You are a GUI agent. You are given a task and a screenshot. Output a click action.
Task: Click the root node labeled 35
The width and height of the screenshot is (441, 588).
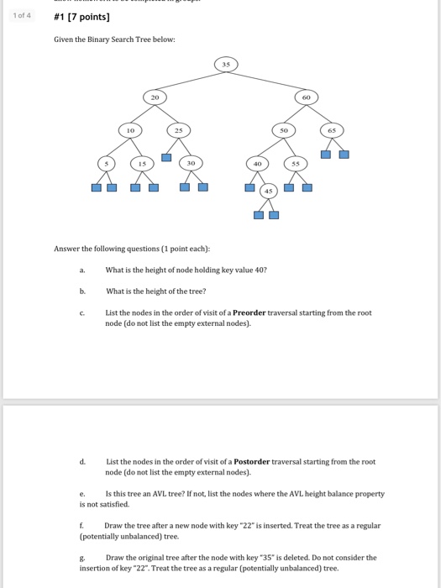(x=225, y=64)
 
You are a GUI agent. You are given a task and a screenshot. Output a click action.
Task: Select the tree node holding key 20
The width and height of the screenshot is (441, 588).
(x=155, y=98)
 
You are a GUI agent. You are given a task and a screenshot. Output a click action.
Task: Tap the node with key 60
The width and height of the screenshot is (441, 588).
(x=307, y=98)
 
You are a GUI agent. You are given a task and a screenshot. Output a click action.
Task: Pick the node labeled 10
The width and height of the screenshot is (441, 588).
(x=130, y=130)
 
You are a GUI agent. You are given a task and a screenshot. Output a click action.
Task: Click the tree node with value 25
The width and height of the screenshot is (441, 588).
(x=178, y=130)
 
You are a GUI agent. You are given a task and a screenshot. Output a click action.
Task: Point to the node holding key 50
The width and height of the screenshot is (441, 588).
(x=283, y=130)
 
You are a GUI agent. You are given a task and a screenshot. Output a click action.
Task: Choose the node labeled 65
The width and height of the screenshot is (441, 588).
(x=331, y=130)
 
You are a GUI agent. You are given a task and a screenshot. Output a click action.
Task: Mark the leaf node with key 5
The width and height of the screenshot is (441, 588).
(x=107, y=163)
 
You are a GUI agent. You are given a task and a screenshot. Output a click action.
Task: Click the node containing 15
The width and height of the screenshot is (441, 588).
(x=142, y=163)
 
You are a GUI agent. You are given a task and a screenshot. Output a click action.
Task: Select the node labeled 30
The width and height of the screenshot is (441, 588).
(x=191, y=163)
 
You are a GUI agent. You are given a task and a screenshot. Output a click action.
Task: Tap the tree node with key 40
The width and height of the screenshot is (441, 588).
(x=259, y=163)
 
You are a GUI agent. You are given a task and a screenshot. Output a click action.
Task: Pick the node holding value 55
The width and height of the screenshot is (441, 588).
(x=295, y=163)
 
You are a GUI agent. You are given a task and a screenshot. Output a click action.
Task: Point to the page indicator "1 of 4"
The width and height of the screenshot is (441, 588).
(x=24, y=15)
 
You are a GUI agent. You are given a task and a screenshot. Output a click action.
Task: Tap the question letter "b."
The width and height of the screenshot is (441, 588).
(x=82, y=291)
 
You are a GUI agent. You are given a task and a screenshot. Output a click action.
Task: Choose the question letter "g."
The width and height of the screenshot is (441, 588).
(x=82, y=557)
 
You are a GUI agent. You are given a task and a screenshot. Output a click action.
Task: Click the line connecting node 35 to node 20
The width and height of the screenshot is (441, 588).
(x=189, y=81)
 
